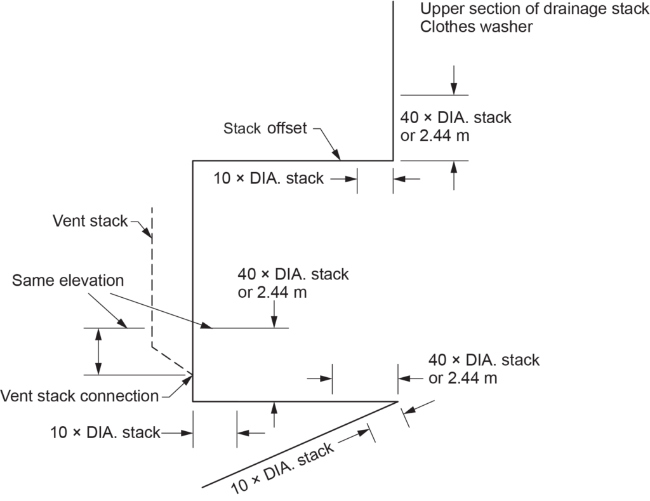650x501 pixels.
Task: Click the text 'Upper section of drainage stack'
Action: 534,10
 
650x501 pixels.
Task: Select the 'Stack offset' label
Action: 265,128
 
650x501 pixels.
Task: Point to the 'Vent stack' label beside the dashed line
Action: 90,221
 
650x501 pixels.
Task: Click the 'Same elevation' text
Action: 68,280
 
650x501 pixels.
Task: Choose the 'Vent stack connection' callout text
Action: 79,396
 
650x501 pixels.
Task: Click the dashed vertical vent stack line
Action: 151,279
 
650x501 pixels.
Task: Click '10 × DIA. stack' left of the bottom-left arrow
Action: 105,433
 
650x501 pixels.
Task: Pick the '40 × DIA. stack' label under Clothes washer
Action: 455,117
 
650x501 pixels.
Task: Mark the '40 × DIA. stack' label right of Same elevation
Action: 293,275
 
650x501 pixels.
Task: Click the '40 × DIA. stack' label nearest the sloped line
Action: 484,360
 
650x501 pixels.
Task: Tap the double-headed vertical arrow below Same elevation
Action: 98,351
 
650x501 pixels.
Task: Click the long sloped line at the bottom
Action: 298,444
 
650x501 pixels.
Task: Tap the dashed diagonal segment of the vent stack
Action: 171,359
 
